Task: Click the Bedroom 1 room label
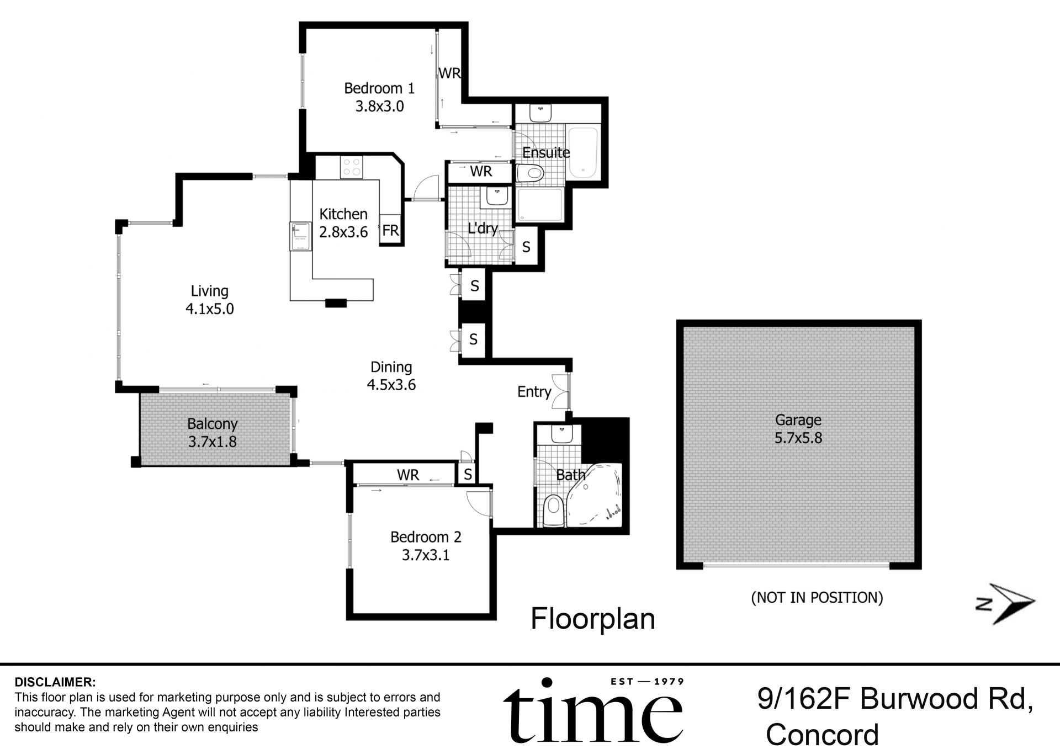[379, 97]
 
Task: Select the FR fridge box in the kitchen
[390, 230]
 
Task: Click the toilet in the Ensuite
[531, 173]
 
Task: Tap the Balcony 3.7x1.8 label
[213, 432]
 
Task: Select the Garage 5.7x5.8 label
[798, 428]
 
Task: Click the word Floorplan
[592, 619]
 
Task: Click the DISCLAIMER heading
[55, 682]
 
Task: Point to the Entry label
[534, 391]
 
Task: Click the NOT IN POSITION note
[817, 597]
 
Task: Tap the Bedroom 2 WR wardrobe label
[407, 475]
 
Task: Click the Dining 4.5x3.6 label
[391, 375]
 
